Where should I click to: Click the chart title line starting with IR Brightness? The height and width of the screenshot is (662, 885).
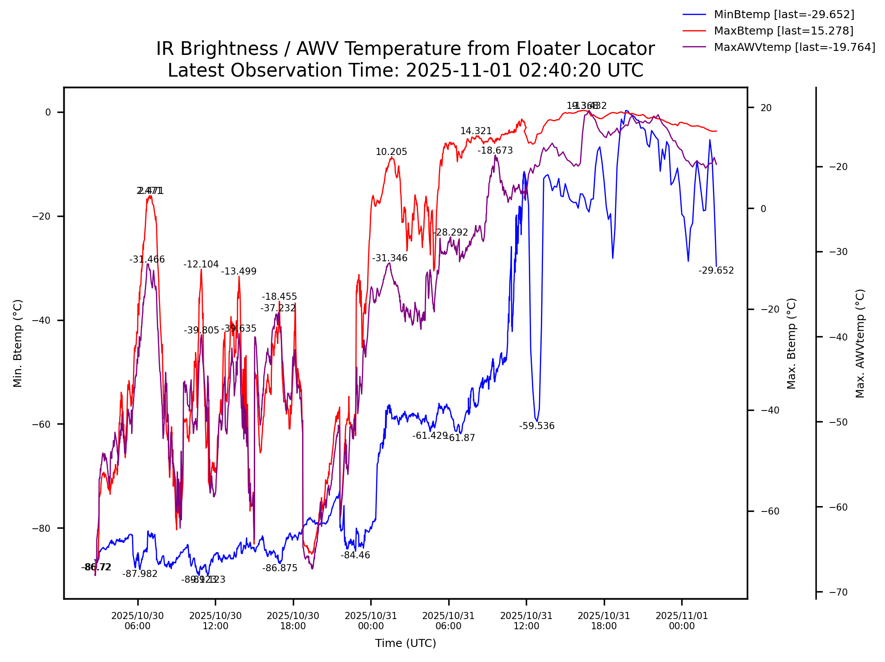(405, 49)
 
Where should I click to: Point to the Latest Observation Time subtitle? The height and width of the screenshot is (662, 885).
(405, 70)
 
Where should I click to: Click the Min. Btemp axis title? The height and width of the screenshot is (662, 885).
(18, 343)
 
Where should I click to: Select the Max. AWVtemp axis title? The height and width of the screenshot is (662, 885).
(860, 343)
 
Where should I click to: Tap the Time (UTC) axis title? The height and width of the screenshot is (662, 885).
(405, 643)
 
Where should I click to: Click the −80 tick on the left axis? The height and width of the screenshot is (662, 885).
(42, 528)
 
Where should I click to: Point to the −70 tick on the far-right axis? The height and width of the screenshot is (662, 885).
(838, 592)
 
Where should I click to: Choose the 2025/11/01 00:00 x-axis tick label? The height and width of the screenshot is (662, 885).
(682, 621)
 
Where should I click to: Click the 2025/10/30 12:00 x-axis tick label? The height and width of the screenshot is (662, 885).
(215, 621)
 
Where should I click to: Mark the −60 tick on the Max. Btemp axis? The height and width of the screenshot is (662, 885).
(770, 511)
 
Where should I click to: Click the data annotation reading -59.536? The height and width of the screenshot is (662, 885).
(537, 426)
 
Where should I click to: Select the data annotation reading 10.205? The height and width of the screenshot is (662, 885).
(391, 152)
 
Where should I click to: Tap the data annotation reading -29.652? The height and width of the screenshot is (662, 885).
(716, 271)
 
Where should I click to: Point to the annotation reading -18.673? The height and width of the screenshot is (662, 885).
(495, 151)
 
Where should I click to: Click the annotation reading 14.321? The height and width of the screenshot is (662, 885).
(476, 131)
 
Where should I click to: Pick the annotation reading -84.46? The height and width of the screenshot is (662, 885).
(355, 555)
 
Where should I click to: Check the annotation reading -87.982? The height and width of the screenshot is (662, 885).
(140, 574)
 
